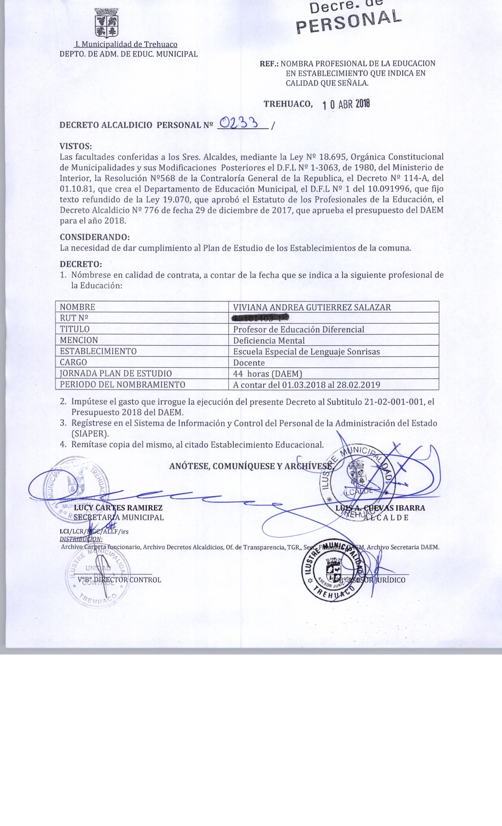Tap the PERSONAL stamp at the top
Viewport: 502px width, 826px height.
click(x=348, y=20)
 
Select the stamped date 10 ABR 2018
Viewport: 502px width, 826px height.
click(x=346, y=104)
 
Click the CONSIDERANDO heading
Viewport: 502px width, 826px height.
click(x=94, y=238)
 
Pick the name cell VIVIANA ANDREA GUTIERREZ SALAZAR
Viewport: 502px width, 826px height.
click(x=312, y=307)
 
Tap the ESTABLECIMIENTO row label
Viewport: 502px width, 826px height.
click(x=98, y=351)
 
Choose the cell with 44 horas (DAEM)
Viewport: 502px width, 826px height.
click(x=267, y=374)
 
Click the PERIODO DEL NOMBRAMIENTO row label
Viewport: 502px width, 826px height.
click(x=122, y=385)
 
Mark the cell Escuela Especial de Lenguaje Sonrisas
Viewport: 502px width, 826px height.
click(x=306, y=352)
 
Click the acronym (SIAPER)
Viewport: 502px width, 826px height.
click(x=90, y=434)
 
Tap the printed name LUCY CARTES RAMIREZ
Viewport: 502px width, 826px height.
click(x=118, y=508)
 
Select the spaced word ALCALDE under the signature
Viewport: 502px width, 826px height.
click(x=386, y=517)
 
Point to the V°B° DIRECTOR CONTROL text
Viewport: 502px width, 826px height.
click(x=119, y=579)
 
